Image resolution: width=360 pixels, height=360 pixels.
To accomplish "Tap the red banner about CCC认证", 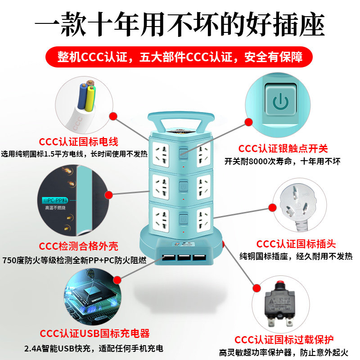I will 180,58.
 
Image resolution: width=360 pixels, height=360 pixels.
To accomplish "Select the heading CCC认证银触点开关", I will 283,148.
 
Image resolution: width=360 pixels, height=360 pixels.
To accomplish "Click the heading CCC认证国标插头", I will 296,244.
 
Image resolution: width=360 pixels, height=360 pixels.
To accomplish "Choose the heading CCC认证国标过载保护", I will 284,339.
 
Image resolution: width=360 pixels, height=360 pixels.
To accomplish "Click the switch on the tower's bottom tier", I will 183,220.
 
